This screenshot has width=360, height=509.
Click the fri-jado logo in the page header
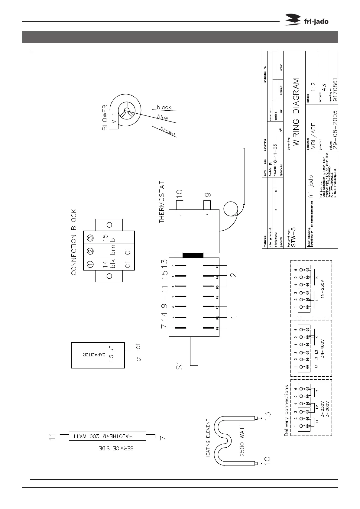pos(307,21)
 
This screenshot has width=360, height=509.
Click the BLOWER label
pos(105,117)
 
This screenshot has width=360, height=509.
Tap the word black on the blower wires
pos(164,107)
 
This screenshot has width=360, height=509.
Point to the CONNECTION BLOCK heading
pos(74,242)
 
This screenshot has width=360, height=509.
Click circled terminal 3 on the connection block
pos(90,238)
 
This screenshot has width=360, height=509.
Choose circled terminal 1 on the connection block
pos(90,264)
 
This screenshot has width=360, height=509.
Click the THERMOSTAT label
pos(162,202)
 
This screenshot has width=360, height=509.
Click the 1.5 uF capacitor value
pos(112,355)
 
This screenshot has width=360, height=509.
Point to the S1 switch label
pos(180,366)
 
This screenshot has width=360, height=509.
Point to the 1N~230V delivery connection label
pos(322,292)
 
